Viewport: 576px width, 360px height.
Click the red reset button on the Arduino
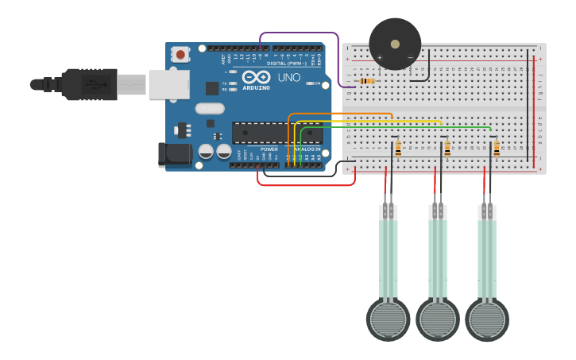coord(181,55)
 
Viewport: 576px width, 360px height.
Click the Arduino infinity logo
coord(256,78)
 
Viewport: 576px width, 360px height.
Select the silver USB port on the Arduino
coord(169,84)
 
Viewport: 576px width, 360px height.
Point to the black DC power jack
coord(176,154)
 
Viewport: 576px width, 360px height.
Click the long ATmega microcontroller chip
coord(276,133)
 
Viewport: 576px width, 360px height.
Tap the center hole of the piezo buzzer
coord(395,44)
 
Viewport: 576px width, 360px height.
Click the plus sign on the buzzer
coord(380,57)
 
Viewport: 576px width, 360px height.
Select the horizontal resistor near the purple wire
coord(366,81)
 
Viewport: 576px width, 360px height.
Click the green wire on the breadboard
coord(397,127)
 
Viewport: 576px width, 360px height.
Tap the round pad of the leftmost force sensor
coord(388,319)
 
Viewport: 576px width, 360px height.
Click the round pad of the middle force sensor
coord(438,319)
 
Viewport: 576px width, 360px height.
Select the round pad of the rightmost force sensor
coord(487,319)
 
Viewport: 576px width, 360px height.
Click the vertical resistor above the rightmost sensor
coord(497,148)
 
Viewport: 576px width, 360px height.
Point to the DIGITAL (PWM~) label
coord(286,63)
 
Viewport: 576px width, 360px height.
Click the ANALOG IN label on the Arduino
coord(307,149)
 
